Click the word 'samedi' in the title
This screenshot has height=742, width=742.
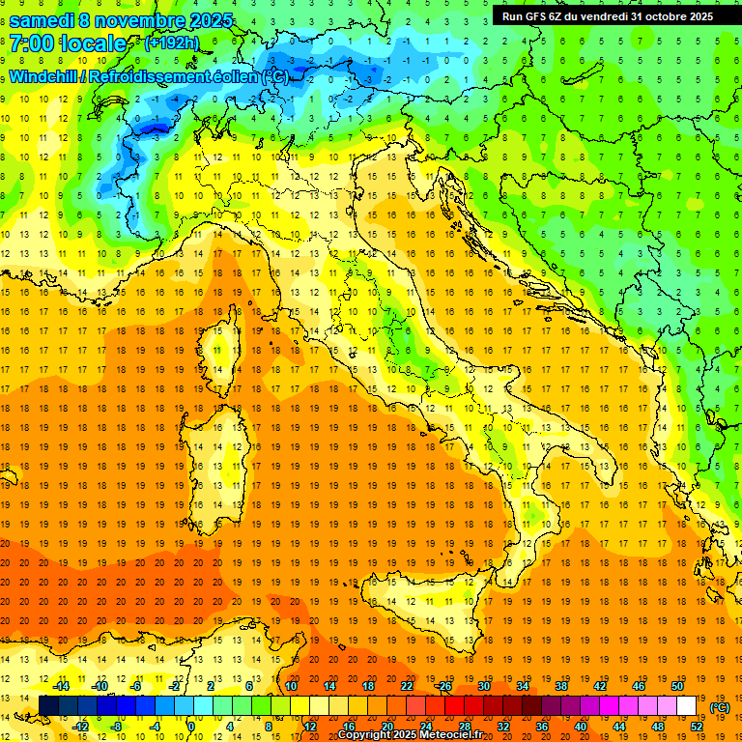[x=45, y=19]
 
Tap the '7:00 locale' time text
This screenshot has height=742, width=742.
[x=68, y=44]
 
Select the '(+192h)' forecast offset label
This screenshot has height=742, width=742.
[x=171, y=43]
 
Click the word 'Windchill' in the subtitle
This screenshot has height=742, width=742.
[x=45, y=76]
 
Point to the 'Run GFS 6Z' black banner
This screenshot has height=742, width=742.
[x=607, y=15]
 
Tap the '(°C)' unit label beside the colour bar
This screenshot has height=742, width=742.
[x=719, y=707]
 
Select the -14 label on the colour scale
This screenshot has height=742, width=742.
[x=60, y=686]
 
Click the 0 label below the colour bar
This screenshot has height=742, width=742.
[x=190, y=726]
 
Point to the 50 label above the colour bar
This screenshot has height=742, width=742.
[x=677, y=686]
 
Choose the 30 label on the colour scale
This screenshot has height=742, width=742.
[x=484, y=686]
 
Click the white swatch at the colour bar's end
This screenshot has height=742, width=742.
[x=686, y=706]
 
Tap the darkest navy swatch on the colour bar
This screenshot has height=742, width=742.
[x=49, y=706]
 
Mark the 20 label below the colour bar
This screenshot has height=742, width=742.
[x=386, y=726]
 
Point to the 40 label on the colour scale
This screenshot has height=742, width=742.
[x=581, y=726]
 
